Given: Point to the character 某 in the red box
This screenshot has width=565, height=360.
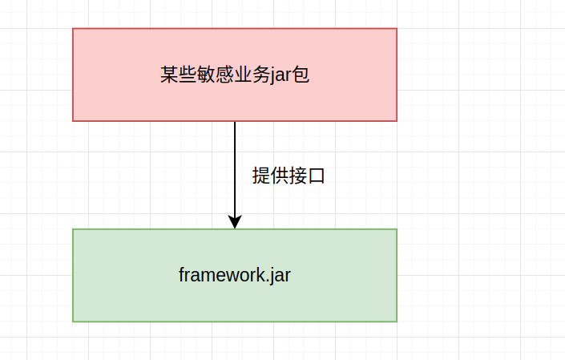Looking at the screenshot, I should point(168,75).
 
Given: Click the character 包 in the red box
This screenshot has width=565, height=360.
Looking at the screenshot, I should point(301,75).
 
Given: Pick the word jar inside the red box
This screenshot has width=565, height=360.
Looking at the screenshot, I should point(277,76).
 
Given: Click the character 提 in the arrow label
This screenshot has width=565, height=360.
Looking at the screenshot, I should point(260,176).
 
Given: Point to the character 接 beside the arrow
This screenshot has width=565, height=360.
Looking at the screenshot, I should point(297,176).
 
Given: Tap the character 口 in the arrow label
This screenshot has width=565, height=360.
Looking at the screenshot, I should point(316,176).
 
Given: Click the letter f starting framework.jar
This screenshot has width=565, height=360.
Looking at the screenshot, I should point(182,275).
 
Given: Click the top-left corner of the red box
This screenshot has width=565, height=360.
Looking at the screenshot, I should point(73,29).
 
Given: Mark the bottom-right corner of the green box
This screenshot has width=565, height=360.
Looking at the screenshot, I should point(397,322).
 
